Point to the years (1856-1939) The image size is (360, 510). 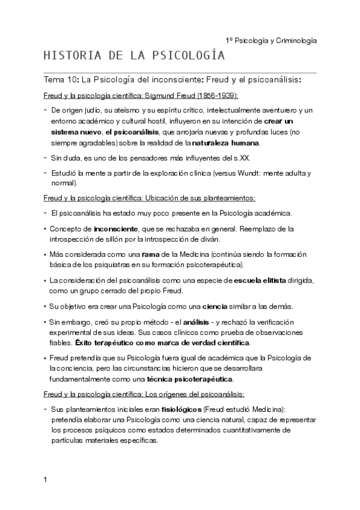(215, 96)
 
